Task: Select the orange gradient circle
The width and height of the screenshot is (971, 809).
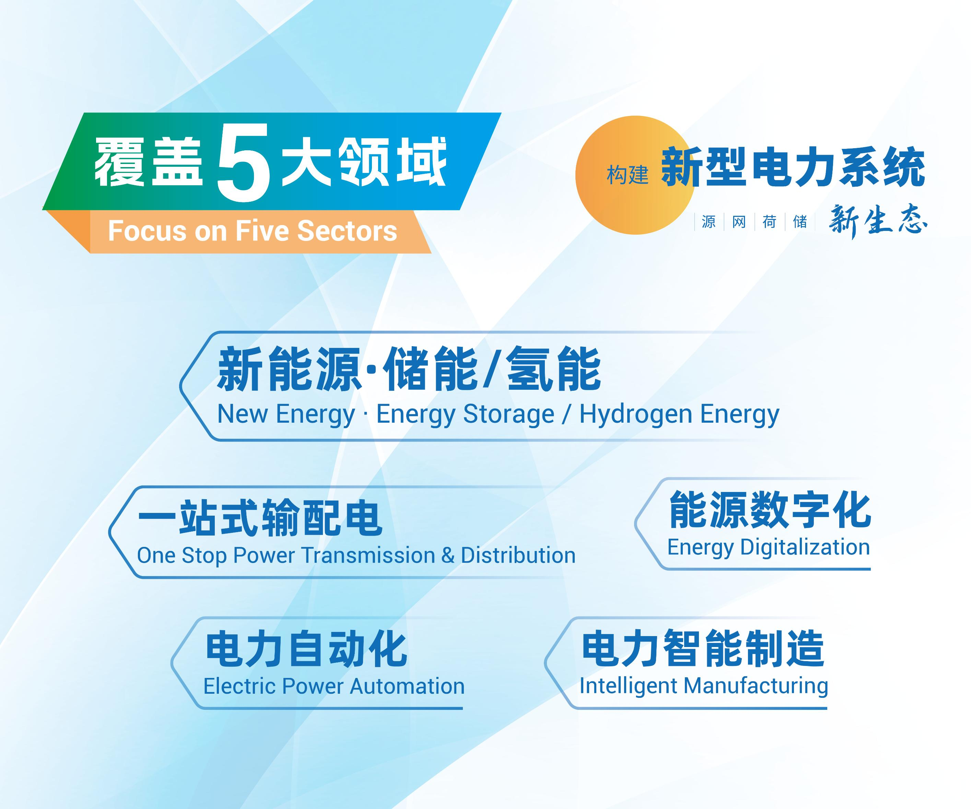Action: pos(635,175)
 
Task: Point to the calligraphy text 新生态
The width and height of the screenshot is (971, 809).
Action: pos(878,221)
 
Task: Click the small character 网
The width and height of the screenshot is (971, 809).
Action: pos(739,222)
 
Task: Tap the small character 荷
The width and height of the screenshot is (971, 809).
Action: pos(769,222)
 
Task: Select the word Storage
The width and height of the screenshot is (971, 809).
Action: pos(508,414)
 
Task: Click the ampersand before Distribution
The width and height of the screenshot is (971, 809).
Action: pos(447,556)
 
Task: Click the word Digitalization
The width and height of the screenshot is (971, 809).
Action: pos(805,548)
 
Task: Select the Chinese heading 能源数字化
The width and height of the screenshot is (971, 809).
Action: pos(770,509)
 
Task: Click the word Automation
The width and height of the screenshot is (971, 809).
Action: pos(407,687)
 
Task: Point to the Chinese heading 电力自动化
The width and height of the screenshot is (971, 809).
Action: pos(306,649)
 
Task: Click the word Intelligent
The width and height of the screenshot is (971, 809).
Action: pos(628,687)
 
